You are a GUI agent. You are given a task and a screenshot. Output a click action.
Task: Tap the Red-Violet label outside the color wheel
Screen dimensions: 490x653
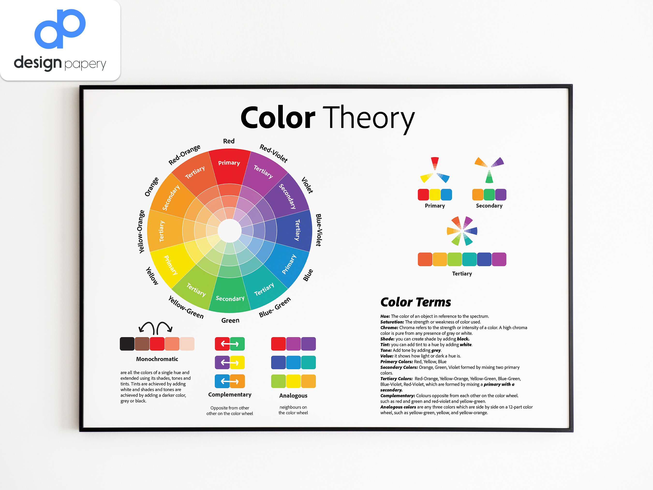(273, 153)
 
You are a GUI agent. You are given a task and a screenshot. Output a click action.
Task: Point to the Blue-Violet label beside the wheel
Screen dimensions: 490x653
(319, 230)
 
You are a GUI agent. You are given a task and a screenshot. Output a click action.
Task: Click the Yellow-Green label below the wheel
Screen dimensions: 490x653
(186, 307)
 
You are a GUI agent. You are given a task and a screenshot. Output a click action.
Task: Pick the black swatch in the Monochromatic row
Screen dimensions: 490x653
(127, 344)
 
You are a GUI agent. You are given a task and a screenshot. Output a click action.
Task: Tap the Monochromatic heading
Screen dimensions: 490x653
(157, 359)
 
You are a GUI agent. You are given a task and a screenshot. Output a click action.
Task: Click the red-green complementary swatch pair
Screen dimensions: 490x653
(230, 344)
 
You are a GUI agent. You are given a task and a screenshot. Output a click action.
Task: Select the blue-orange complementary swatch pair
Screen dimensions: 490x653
(230, 381)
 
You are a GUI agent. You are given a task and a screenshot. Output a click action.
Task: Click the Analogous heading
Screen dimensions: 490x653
(293, 395)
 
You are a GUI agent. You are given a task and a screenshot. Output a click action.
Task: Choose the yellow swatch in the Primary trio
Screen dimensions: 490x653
(435, 195)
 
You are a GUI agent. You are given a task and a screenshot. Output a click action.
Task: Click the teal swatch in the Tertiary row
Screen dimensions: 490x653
(469, 259)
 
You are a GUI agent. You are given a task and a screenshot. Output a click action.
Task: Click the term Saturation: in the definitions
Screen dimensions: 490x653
(392, 322)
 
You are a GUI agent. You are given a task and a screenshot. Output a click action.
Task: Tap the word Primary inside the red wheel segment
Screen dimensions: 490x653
(229, 163)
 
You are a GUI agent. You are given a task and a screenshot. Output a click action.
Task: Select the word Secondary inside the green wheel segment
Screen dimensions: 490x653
(230, 298)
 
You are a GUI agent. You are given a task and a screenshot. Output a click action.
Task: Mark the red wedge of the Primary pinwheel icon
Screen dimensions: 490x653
(435, 162)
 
